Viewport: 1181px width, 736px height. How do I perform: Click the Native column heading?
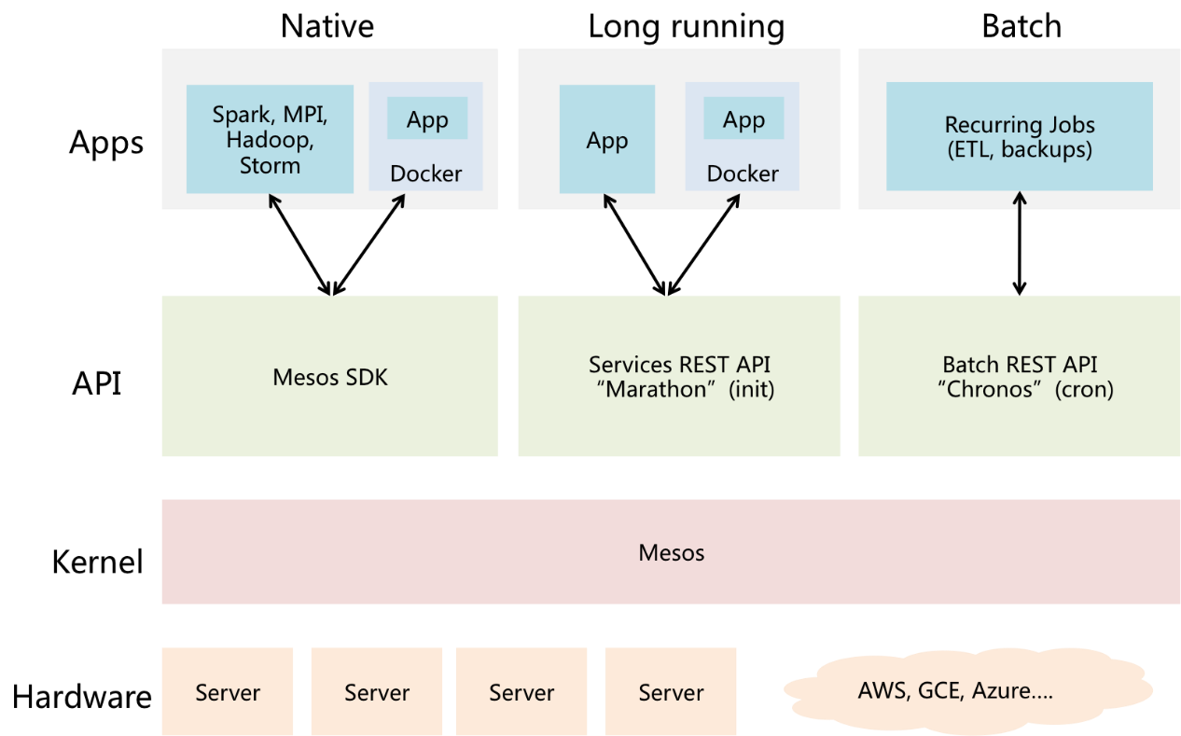coord(327,26)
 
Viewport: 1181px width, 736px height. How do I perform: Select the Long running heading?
coord(686,27)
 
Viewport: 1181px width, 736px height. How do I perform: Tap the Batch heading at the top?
coord(1021,26)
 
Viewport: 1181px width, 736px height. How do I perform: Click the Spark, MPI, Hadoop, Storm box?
coord(270,139)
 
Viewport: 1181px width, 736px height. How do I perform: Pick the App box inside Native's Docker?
coord(427,118)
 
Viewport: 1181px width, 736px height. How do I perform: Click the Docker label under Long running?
coord(743,174)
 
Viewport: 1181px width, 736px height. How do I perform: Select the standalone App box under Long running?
coord(607,139)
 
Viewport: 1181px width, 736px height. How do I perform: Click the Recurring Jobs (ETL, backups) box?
coord(1019,136)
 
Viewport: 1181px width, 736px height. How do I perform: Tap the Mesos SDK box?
coord(330,376)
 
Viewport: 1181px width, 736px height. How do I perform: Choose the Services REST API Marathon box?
coord(679,376)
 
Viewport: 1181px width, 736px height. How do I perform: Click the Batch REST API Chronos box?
coord(1019,376)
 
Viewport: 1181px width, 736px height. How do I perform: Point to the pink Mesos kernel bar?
coord(671,551)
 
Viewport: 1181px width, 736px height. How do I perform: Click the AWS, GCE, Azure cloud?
coord(968,690)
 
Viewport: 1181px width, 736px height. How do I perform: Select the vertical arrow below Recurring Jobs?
coord(1020,243)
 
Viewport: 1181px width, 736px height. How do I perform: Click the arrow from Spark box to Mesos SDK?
coord(299,244)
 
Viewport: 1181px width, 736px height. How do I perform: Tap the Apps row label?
coord(106,143)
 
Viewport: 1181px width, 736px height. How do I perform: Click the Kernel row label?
coord(98,562)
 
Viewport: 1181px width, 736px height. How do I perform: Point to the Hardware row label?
coord(82,697)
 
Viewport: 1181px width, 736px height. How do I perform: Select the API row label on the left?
coord(96,382)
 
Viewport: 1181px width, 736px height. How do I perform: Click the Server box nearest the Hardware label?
coord(228,691)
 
